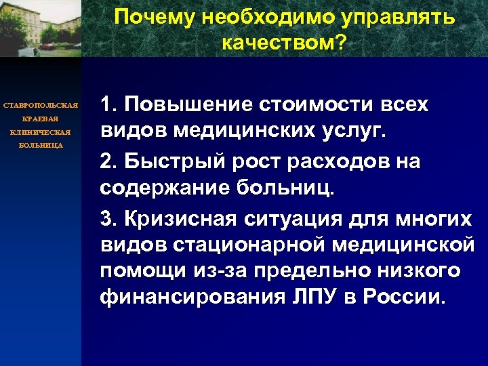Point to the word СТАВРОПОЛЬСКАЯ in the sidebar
point(41,106)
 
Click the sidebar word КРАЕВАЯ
point(41,119)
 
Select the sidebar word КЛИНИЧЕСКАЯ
point(41,132)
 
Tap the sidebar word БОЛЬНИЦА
point(41,145)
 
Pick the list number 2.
point(108,163)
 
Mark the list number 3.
point(108,220)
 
